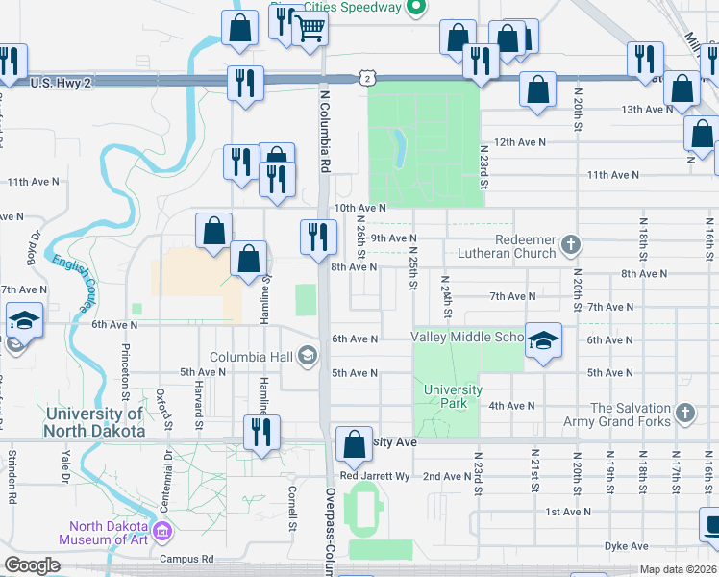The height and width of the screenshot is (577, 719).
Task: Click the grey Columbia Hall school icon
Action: [x=308, y=357]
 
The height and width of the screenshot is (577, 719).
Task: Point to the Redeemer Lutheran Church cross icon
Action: [x=571, y=243]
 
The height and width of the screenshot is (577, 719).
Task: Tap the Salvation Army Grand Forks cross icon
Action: [x=683, y=413]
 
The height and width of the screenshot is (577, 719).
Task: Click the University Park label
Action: [x=454, y=396]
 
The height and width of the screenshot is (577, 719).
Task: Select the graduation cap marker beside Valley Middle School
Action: [x=543, y=341]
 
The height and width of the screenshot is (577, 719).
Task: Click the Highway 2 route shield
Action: [x=367, y=76]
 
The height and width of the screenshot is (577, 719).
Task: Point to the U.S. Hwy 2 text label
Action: [x=61, y=84]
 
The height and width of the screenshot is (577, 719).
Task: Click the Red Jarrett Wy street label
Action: [x=375, y=476]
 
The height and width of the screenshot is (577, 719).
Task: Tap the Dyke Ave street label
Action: [x=626, y=546]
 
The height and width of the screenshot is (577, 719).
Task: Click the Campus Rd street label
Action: [x=186, y=559]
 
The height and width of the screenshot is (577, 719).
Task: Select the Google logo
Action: [x=33, y=565]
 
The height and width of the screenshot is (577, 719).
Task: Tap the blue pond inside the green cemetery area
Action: [x=400, y=148]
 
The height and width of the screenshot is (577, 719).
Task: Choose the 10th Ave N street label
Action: [x=359, y=208]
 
